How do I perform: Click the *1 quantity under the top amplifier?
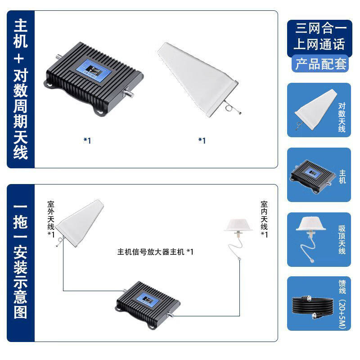(87, 140)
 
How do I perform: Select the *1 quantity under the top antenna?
(202, 140)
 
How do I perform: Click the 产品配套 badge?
(320, 64)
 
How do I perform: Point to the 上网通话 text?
(320, 44)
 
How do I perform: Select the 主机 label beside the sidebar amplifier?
(342, 176)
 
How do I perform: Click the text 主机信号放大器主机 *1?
(155, 252)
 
